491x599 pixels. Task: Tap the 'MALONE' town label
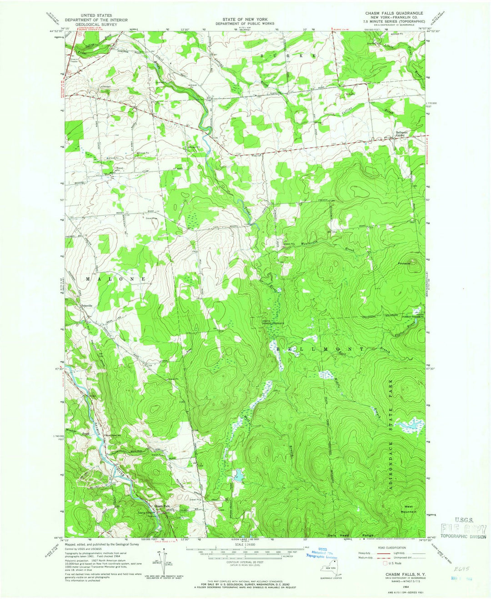point(115,278)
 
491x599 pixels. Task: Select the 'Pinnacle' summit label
point(404,263)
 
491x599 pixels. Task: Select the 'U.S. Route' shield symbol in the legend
point(386,563)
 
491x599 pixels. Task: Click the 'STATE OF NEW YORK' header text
point(245,20)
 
